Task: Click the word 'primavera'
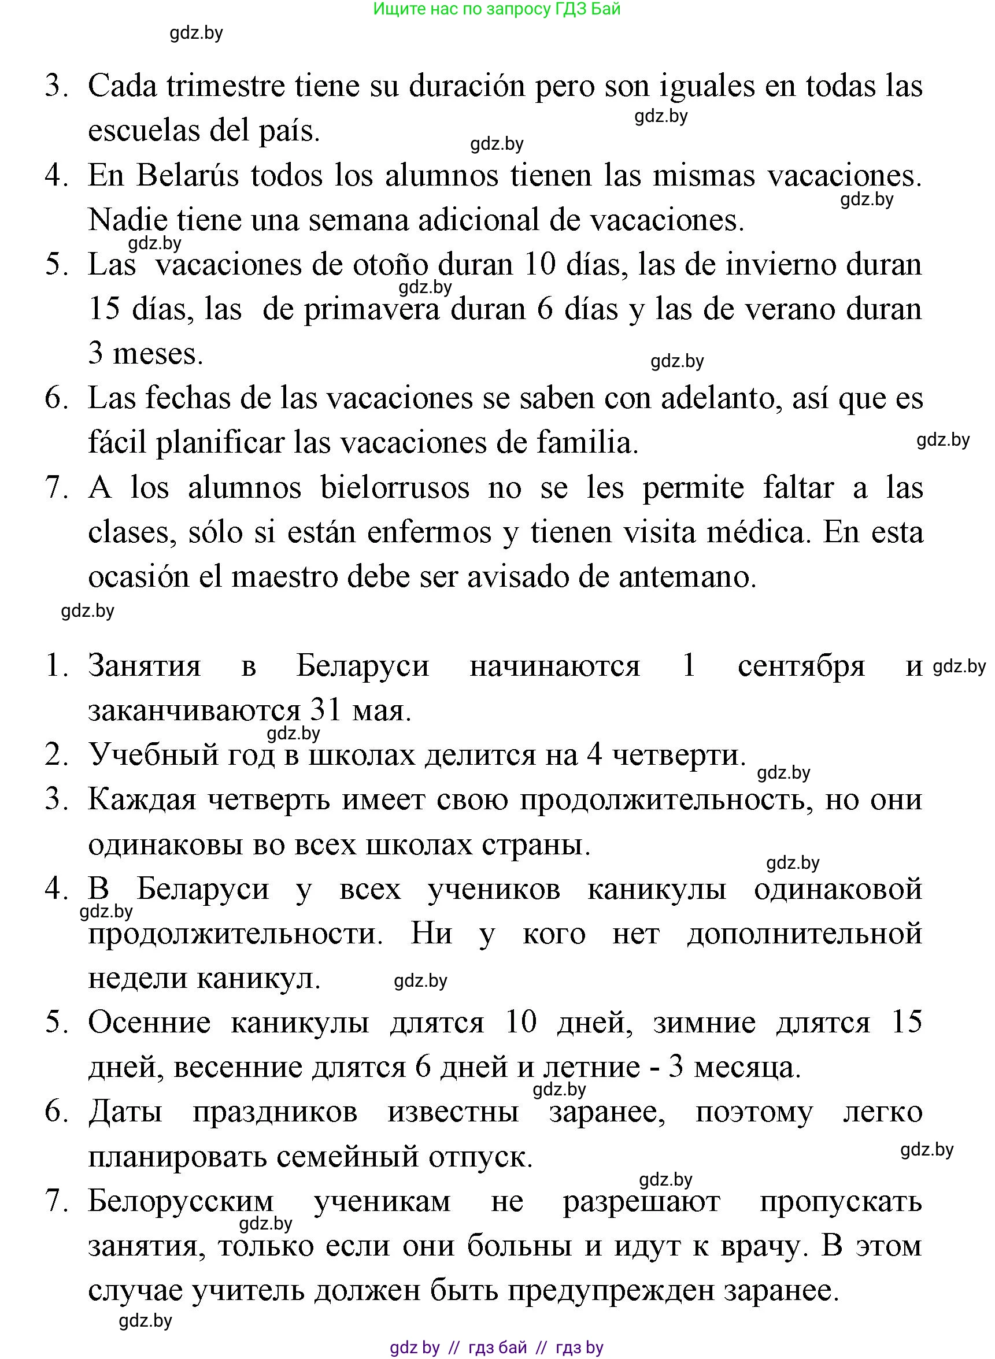point(372,310)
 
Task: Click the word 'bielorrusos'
point(394,488)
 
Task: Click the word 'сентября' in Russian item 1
point(801,666)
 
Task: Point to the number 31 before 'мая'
point(327,711)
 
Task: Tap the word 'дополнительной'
point(805,934)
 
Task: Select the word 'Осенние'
point(149,1023)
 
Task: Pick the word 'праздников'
point(275,1112)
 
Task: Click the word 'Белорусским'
point(181,1201)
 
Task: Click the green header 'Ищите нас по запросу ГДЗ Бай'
point(497,9)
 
